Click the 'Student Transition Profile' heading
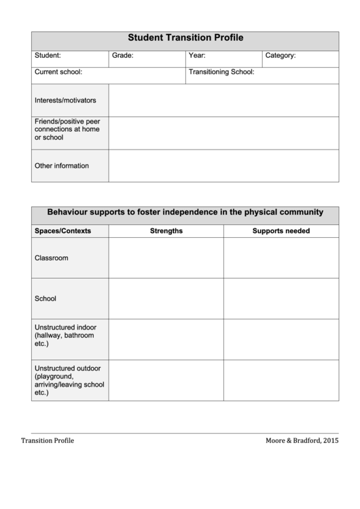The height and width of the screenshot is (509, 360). click(x=185, y=39)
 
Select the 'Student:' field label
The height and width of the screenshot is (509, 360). click(x=48, y=56)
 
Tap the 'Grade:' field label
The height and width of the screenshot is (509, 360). click(x=123, y=56)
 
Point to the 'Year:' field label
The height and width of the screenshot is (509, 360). click(x=197, y=56)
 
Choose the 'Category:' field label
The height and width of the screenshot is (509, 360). click(x=280, y=56)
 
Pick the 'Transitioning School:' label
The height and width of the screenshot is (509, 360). click(x=221, y=71)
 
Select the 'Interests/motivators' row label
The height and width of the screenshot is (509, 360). click(x=65, y=101)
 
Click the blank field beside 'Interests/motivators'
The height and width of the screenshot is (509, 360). click(x=223, y=101)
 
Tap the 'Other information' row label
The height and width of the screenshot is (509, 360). click(x=62, y=166)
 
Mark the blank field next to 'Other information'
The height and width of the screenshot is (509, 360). click(x=223, y=166)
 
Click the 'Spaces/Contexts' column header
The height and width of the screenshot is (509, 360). click(x=62, y=231)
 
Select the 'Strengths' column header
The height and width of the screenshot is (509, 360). click(x=166, y=231)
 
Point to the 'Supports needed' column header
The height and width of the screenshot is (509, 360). click(x=281, y=231)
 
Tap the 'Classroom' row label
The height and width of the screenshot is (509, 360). click(x=52, y=258)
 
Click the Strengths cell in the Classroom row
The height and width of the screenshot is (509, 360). click(x=166, y=258)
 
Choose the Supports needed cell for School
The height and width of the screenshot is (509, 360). click(x=281, y=298)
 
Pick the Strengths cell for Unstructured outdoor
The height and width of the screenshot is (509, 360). click(x=166, y=381)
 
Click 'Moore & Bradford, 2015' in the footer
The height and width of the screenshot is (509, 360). click(x=302, y=440)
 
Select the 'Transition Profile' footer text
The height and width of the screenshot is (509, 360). click(x=48, y=440)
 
